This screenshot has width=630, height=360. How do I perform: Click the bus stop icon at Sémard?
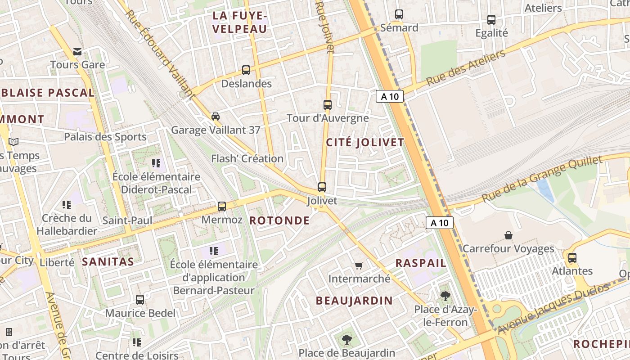[399, 14]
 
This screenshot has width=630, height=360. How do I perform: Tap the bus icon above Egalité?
[491, 20]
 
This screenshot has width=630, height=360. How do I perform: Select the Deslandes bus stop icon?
[246, 70]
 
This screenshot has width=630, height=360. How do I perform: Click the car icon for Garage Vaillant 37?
[216, 117]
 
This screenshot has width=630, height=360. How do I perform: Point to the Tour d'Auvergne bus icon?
[328, 105]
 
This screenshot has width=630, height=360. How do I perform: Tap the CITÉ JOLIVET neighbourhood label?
[365, 143]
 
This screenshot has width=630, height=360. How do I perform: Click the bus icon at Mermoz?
[222, 207]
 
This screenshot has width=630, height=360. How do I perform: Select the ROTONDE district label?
[279, 220]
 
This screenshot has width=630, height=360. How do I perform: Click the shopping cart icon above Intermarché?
[359, 265]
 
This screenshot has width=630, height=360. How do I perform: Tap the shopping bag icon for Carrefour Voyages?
[508, 235]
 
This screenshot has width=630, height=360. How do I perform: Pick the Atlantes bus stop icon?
[572, 258]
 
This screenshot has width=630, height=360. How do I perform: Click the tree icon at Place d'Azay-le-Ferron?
[445, 296]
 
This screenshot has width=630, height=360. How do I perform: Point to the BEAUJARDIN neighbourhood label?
[354, 301]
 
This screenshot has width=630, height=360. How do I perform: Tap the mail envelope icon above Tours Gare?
[77, 52]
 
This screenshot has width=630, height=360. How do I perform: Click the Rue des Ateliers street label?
[466, 68]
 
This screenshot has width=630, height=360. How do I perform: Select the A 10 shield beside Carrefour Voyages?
[439, 222]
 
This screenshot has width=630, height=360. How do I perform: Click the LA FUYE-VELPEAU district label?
[240, 22]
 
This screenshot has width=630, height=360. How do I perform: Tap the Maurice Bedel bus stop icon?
[140, 300]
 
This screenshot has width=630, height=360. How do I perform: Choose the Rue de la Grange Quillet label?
[542, 179]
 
